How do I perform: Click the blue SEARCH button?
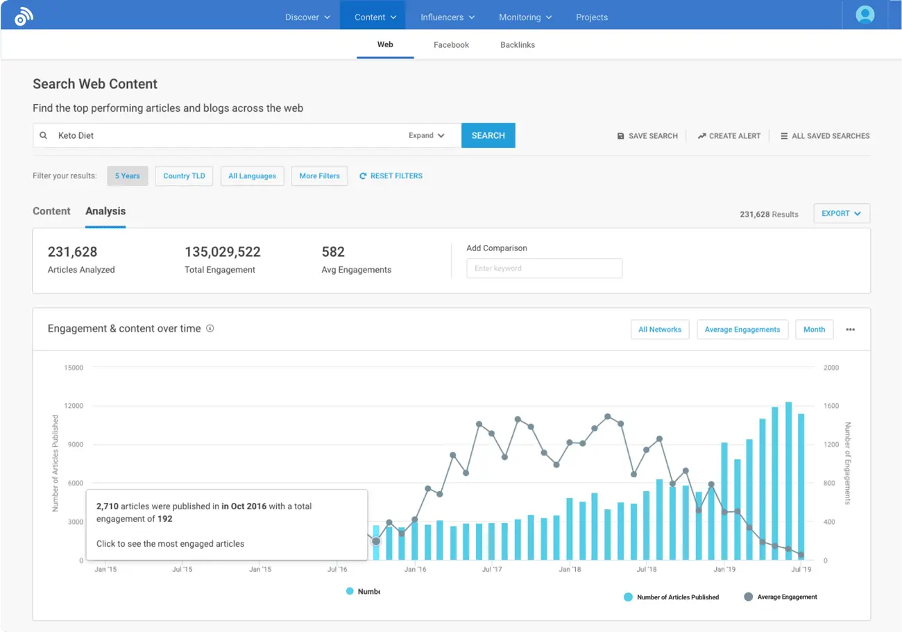(488, 135)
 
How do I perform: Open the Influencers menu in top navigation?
(447, 17)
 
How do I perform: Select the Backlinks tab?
(517, 44)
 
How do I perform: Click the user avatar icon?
(865, 15)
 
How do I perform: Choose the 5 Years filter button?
(127, 176)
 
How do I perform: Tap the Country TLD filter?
(184, 176)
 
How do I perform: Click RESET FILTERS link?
(391, 176)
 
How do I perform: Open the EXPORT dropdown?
(841, 214)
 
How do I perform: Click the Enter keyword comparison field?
(544, 268)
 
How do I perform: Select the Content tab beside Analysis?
(51, 211)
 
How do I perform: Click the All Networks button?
(659, 330)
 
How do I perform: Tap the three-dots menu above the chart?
(850, 330)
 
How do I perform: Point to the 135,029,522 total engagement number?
(222, 252)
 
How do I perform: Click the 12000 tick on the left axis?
(73, 406)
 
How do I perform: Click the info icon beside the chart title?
(210, 329)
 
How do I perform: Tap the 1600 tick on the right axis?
(831, 406)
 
